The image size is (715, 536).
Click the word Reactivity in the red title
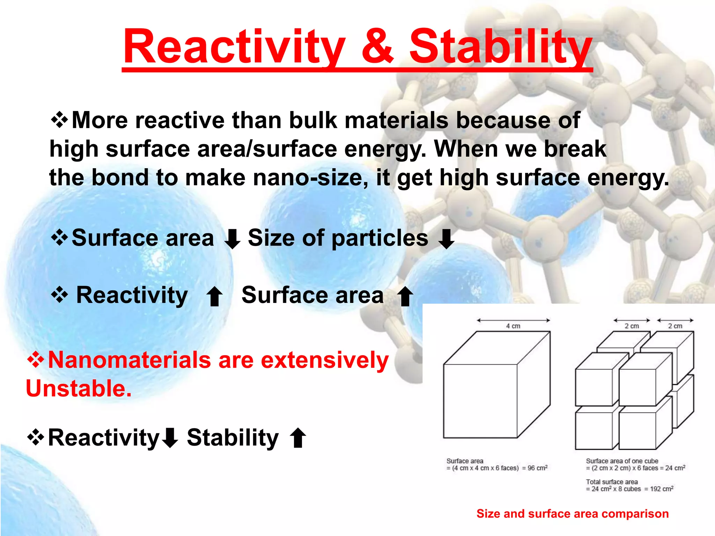click(234, 47)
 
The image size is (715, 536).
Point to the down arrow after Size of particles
click(446, 239)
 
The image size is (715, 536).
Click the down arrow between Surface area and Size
click(232, 239)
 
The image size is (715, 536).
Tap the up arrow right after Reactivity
click(214, 296)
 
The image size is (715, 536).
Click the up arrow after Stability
click(298, 438)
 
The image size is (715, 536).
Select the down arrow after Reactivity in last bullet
click(170, 438)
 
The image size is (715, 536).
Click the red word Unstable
click(79, 389)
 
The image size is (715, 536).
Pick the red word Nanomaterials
click(129, 360)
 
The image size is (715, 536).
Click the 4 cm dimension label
click(513, 326)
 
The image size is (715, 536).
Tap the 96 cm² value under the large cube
click(537, 468)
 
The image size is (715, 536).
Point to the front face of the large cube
click(480, 401)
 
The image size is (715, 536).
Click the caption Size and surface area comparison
click(573, 514)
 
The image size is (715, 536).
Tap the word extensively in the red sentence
click(325, 360)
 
